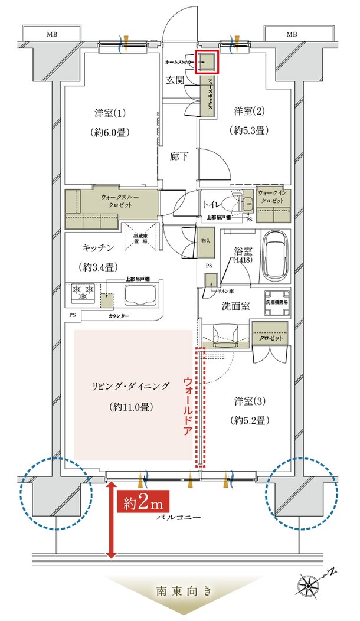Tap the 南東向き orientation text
pyautogui.click(x=180, y=590)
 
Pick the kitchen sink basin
pyautogui.click(x=140, y=293)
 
